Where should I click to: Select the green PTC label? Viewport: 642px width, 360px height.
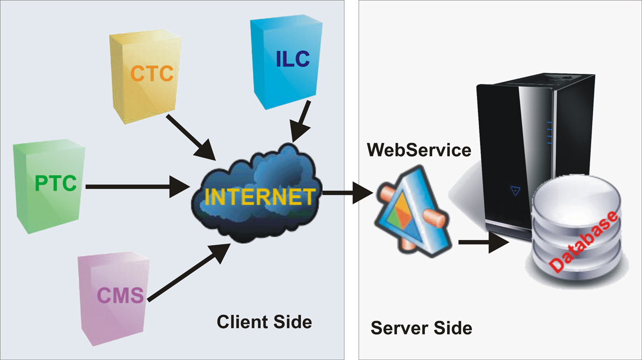coord(56,183)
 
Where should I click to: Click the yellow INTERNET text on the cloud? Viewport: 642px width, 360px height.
coord(259,197)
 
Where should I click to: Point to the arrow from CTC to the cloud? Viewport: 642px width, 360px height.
coord(190,136)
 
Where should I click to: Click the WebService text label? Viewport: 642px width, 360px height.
coord(419,150)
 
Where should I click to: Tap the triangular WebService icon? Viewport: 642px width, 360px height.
coord(409,211)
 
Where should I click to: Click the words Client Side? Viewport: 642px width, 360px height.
coord(264,322)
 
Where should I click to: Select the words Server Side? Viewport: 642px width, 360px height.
coord(422,327)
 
